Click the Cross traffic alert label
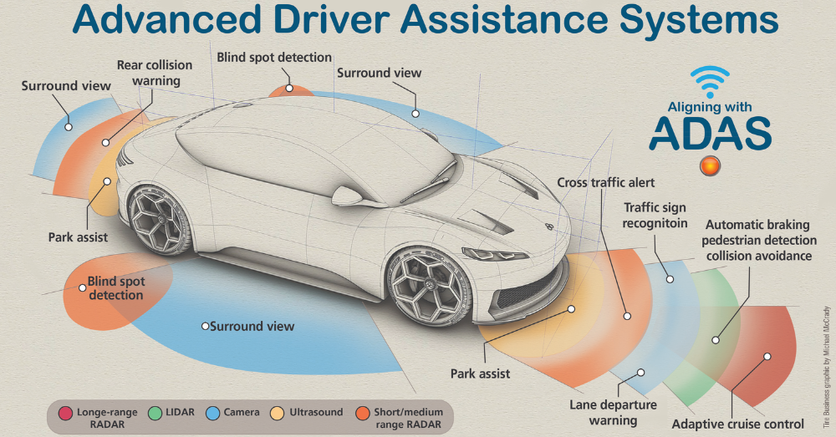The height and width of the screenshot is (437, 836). (606, 182)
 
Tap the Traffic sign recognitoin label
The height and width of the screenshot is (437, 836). (655, 215)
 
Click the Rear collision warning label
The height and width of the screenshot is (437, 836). (155, 73)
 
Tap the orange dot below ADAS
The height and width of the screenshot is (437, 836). (711, 165)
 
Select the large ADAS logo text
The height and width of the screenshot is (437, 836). (710, 134)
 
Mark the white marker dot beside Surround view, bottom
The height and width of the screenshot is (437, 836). (206, 326)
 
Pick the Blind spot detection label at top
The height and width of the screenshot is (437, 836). (274, 58)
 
